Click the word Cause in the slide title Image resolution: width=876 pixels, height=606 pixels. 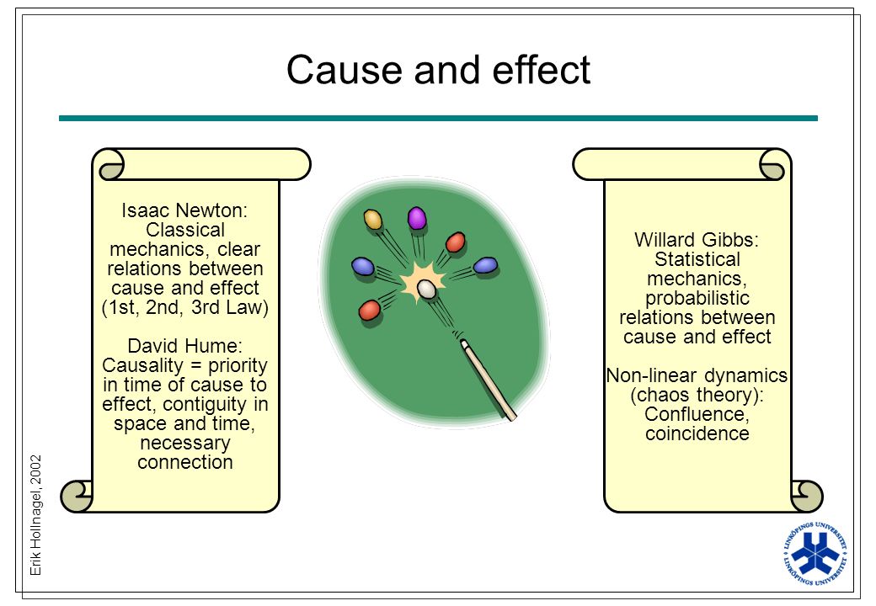tap(345, 70)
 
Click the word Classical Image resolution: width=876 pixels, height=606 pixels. tap(185, 230)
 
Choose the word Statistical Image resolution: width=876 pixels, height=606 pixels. tap(697, 259)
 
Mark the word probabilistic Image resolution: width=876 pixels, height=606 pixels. tap(697, 299)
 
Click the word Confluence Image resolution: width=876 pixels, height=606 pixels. tap(697, 415)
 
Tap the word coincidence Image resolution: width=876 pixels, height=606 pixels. tap(697, 433)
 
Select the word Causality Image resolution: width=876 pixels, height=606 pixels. tap(143, 366)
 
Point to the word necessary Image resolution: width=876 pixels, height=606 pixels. tap(185, 444)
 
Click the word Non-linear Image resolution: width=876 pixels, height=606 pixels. tap(648, 375)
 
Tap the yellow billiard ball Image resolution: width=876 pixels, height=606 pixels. tap(372, 220)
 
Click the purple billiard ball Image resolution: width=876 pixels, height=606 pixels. tap(417, 218)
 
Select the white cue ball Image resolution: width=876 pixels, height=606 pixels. tap(426, 289)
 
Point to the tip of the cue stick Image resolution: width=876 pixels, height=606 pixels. tap(464, 343)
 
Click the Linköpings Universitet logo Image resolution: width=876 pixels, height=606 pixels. tap(815, 554)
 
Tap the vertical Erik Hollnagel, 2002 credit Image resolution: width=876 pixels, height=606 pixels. tap(35, 515)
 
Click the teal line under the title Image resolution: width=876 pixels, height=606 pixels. tap(438, 119)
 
